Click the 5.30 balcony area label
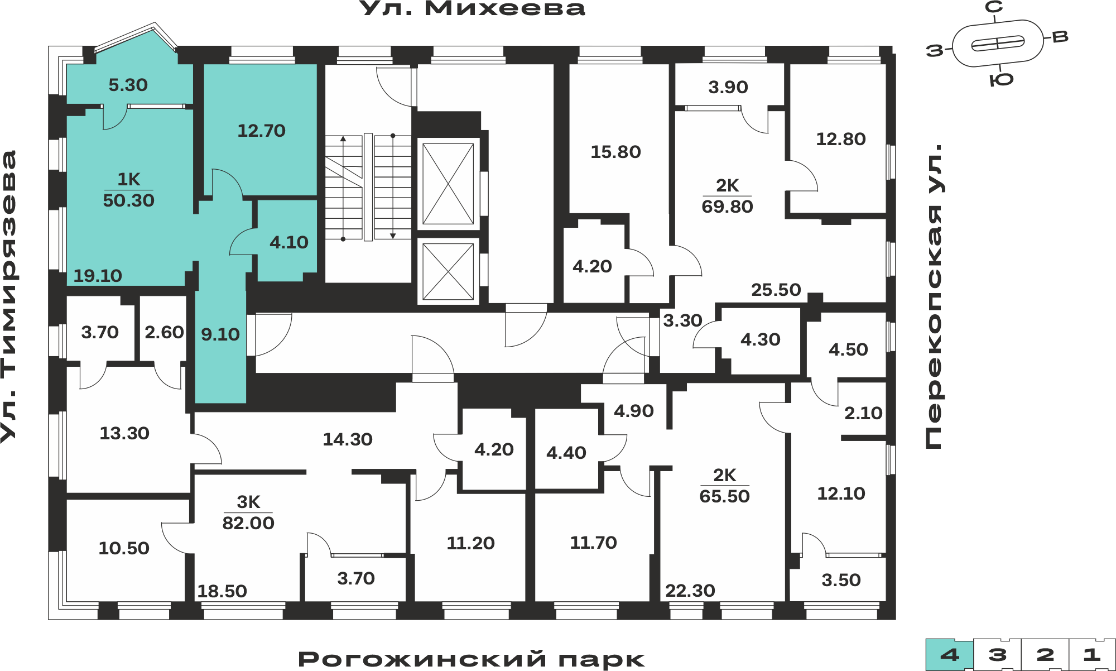point(128,85)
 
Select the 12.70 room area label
point(261,131)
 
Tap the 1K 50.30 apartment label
point(128,190)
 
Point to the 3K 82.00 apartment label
point(248,512)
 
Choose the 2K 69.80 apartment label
point(727,196)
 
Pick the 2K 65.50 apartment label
point(724,486)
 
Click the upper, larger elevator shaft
point(448,184)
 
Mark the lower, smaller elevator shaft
point(448,272)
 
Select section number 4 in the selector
point(950,654)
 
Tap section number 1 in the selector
point(1092,654)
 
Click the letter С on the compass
point(994,7)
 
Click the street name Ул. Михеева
point(472,8)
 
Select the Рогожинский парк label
point(472,659)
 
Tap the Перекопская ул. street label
point(933,296)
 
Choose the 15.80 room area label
point(615,152)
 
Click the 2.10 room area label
point(863,413)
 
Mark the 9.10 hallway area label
point(220,334)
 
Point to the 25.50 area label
point(776,290)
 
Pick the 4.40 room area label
point(566,453)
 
